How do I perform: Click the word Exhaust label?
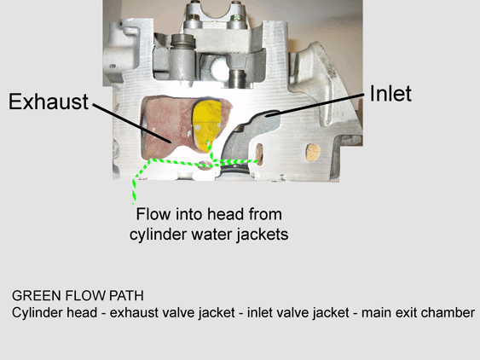(x=49, y=102)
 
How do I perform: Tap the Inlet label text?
(x=390, y=93)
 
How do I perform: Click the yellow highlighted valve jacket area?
(x=206, y=124)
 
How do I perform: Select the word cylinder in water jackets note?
(x=158, y=235)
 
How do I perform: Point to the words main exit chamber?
(x=418, y=313)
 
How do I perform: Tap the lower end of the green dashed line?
(x=134, y=203)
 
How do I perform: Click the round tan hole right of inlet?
(x=313, y=153)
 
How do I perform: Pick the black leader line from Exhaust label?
(x=131, y=123)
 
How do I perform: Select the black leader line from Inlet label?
(x=315, y=104)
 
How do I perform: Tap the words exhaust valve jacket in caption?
(x=172, y=313)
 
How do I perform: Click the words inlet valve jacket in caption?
(x=298, y=313)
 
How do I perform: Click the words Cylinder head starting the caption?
(x=55, y=313)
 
